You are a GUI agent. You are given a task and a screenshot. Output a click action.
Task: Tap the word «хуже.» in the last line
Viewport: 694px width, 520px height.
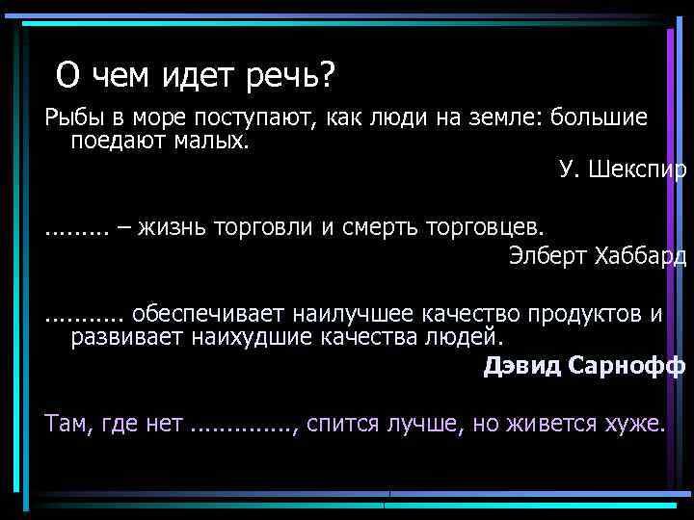click(637, 425)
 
